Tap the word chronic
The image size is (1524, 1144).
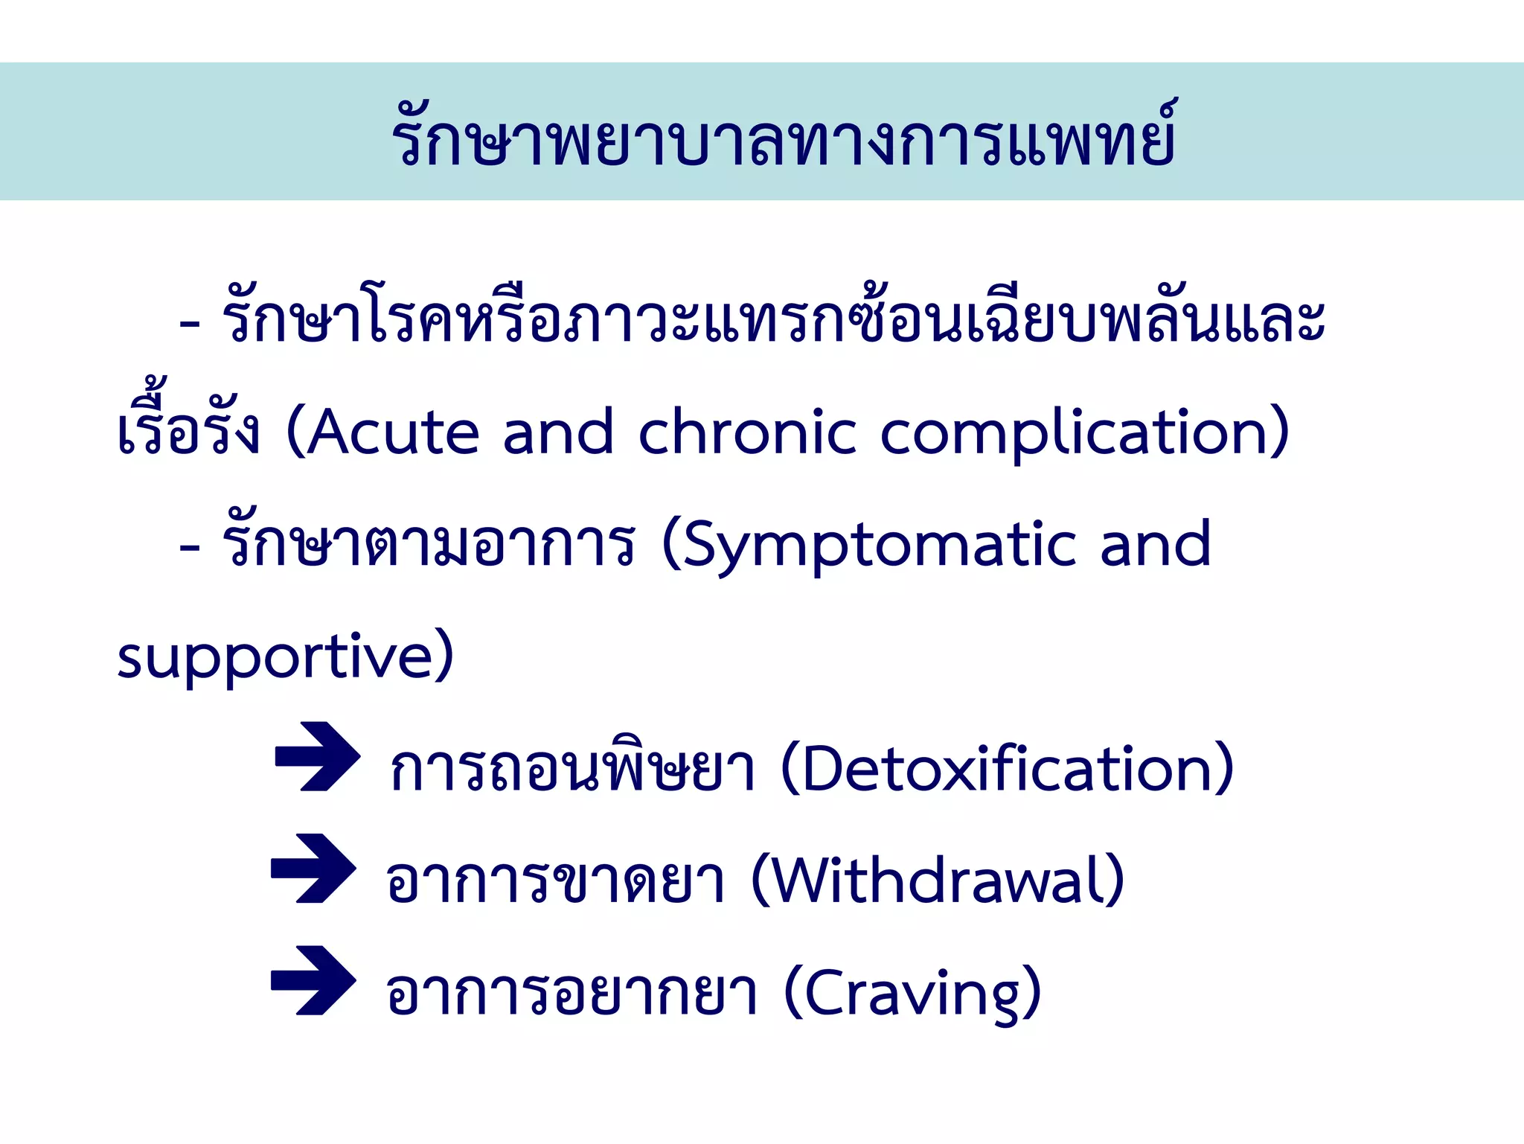747,432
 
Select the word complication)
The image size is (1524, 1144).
1084,432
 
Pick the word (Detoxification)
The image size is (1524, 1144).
1008,769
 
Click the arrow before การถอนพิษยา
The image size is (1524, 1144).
318,756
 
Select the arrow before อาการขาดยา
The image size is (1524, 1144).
313,868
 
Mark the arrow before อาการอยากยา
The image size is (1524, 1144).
313,980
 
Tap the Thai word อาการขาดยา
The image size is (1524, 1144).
555,881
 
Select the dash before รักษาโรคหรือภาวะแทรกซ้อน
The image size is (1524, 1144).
190,325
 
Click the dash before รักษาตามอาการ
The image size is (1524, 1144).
190,549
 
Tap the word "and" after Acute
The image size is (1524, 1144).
558,432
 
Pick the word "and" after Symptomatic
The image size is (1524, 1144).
1155,544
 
